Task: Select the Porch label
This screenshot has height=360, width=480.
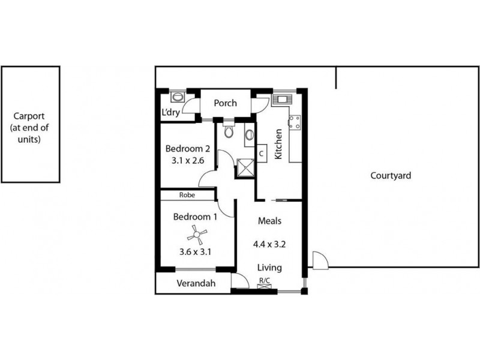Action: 225,103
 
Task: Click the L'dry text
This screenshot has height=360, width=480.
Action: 171,112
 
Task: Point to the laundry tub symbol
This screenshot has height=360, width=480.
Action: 177,97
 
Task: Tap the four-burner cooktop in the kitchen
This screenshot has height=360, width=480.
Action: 295,122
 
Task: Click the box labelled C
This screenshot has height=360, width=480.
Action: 262,153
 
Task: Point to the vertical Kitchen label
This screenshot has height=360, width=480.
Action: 278,145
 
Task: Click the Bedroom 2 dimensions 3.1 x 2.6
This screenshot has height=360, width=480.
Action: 188,160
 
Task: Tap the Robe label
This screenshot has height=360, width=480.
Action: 186,195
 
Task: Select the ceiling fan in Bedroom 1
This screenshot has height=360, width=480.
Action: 196,234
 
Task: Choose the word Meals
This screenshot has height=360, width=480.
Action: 269,221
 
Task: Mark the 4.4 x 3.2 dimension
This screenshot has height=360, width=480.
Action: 269,245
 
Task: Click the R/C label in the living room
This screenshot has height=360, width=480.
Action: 264,280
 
